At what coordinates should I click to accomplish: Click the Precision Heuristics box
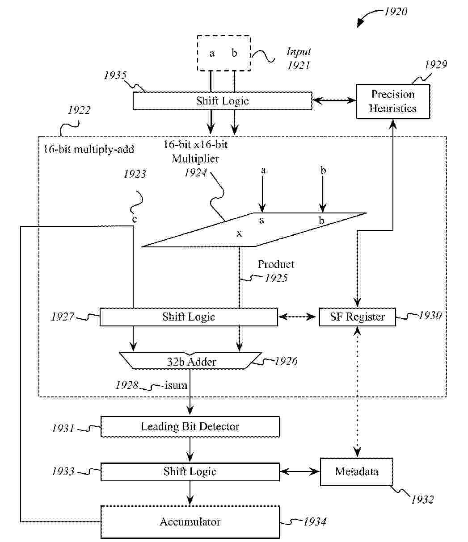[x=393, y=101]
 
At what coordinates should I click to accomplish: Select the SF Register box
[x=357, y=317]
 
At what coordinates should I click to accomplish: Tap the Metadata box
[x=356, y=472]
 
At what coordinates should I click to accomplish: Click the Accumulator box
[x=190, y=522]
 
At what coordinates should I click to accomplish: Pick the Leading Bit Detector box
[x=190, y=427]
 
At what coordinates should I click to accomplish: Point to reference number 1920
[x=396, y=12]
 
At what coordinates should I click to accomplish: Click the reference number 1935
[x=115, y=75]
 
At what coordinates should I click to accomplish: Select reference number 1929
[x=435, y=65]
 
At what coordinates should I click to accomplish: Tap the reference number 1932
[x=422, y=500]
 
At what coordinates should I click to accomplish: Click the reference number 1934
[x=315, y=521]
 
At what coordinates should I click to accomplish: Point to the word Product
[x=276, y=264]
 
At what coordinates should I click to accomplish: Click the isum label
[x=176, y=385]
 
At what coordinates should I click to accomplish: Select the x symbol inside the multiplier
[x=240, y=233]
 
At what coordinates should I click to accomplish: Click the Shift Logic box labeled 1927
[x=188, y=317]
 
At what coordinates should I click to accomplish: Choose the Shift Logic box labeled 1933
[x=190, y=472]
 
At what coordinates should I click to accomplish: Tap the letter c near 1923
[x=134, y=219]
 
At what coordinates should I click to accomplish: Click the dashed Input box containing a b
[x=223, y=54]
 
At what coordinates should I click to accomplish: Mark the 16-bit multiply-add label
[x=89, y=149]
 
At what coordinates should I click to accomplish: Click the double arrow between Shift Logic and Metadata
[x=300, y=471]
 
